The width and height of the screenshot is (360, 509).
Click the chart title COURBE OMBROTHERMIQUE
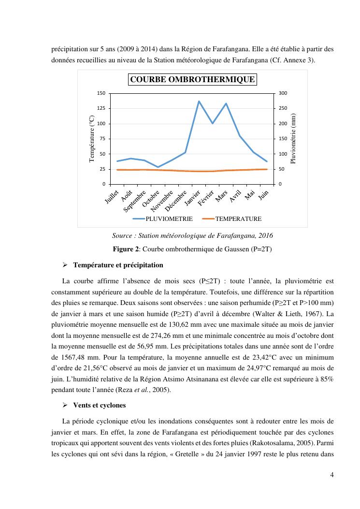pos(192,79)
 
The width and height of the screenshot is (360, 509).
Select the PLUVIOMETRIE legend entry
pos(169,219)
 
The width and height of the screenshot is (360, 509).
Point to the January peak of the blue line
pos(199,101)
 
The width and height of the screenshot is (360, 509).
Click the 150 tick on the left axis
pos(101,93)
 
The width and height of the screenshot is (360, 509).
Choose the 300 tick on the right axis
pos(283,93)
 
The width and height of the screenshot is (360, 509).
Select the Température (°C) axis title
pos(92,138)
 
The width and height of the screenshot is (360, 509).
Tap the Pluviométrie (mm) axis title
pos(292,138)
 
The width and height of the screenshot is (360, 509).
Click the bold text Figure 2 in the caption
pos(126,248)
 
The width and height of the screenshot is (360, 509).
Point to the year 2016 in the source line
pos(265,236)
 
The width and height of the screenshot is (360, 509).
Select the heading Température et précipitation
pos(118,265)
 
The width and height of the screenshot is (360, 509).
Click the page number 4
pos(332,474)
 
